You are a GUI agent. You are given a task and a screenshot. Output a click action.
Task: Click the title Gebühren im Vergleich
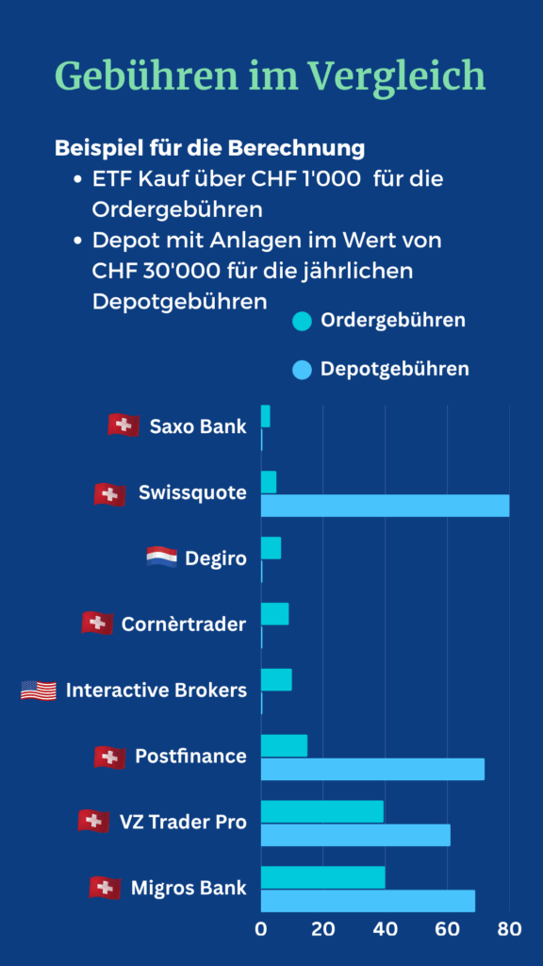point(271,75)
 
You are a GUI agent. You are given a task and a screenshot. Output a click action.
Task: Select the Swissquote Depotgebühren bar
point(385,505)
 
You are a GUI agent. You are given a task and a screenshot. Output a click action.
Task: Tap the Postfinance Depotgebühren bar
point(372,769)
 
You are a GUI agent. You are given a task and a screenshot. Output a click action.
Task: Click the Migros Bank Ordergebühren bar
point(322,877)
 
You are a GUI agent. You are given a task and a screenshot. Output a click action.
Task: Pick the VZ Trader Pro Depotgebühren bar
point(355,835)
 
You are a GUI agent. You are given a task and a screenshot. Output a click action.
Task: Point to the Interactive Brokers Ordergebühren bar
point(276,679)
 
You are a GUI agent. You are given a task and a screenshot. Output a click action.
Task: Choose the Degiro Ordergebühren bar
point(271,548)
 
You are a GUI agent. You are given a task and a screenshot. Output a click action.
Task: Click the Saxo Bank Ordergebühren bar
point(266,416)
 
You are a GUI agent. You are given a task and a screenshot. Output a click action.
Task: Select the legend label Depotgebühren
point(394,369)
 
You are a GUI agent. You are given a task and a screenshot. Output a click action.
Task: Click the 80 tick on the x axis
point(509,929)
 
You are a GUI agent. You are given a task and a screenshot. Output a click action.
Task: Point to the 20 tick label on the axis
point(323,929)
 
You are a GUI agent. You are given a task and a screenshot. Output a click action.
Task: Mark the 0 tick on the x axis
point(261,929)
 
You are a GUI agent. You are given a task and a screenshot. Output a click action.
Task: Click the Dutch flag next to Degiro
point(161,558)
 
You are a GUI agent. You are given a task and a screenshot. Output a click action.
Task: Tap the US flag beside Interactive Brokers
point(39,691)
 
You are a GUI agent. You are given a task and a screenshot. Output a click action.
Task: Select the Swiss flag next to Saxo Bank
point(123,425)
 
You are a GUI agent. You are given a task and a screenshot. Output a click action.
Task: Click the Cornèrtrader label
point(184,625)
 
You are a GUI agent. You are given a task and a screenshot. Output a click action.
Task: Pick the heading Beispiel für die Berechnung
point(209,148)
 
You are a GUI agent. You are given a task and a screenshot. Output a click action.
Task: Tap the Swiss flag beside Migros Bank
point(105,888)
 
